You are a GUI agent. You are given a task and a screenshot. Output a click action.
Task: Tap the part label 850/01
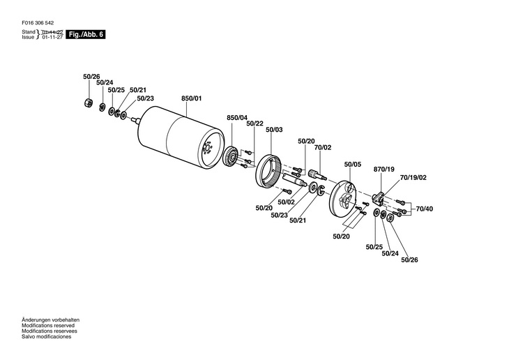tap(191, 99)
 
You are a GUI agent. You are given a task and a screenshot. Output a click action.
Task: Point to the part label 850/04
tap(237, 117)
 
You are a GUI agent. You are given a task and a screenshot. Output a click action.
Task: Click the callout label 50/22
tap(254, 124)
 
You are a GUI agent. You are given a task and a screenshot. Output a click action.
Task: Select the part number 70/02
tap(323, 147)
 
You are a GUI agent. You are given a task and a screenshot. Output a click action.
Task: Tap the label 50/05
tap(353, 165)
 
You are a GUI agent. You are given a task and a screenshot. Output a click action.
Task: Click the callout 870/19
tap(384, 170)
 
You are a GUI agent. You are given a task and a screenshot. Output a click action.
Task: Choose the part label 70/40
tap(424, 209)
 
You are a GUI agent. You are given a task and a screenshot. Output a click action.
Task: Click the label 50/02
tap(287, 202)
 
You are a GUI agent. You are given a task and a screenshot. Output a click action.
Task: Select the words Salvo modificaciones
tap(47, 336)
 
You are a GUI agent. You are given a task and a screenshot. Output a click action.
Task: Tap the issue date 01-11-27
tap(53, 37)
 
